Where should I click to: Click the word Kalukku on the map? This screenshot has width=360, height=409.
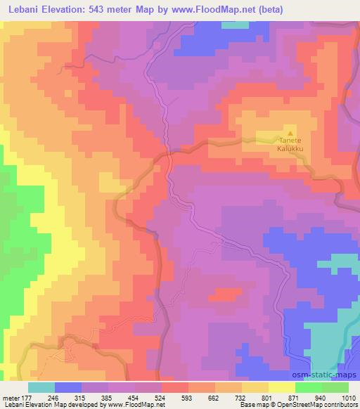click(x=289, y=148)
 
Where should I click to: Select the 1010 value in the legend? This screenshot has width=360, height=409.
click(x=348, y=396)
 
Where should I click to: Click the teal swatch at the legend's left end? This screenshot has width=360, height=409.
click(x=41, y=387)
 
